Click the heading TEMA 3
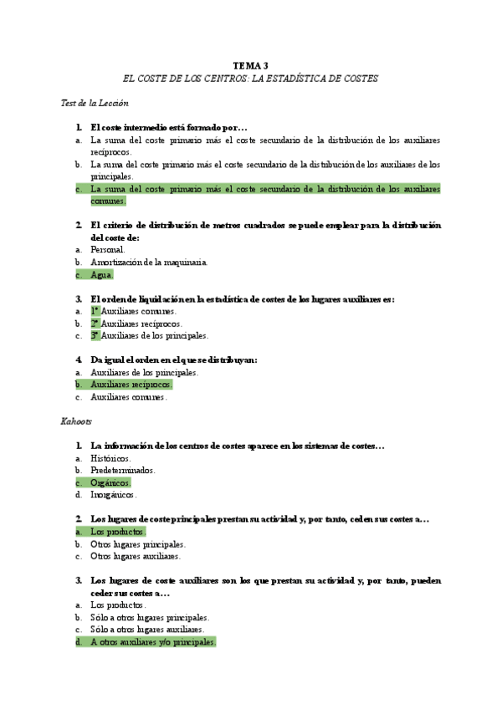click(250, 65)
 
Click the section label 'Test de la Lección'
click(95, 103)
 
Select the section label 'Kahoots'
click(76, 421)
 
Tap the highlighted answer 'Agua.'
click(101, 274)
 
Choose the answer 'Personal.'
click(107, 249)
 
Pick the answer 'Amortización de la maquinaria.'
click(149, 262)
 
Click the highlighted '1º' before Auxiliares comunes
click(95, 311)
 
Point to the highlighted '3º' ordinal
click(95, 335)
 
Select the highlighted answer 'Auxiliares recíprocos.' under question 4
click(131, 385)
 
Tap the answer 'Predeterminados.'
click(123, 470)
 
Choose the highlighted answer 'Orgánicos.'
click(110, 482)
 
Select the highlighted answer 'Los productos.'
click(118, 532)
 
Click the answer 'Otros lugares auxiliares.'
click(136, 556)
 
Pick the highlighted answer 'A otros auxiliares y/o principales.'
click(153, 642)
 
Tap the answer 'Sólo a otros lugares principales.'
click(150, 617)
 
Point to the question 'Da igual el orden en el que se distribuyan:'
click(173, 360)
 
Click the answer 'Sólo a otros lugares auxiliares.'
click(147, 630)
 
